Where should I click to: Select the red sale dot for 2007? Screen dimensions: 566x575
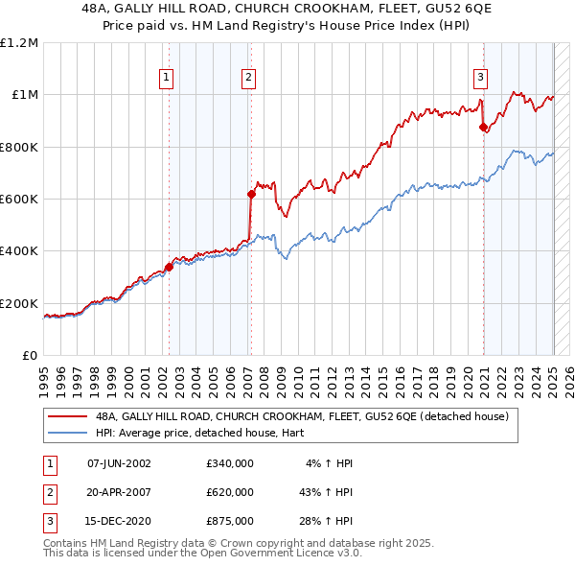251,194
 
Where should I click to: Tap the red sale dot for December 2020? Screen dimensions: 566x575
483,128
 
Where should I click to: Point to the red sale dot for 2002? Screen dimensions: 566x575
169,267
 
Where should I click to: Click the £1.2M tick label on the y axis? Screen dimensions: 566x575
20,43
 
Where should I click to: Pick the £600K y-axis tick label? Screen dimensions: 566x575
20,200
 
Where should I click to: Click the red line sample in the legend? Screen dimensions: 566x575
67,417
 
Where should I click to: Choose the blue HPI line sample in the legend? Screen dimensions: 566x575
67,433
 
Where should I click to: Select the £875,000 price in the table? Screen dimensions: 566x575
230,521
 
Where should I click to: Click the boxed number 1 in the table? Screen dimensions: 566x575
48,463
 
